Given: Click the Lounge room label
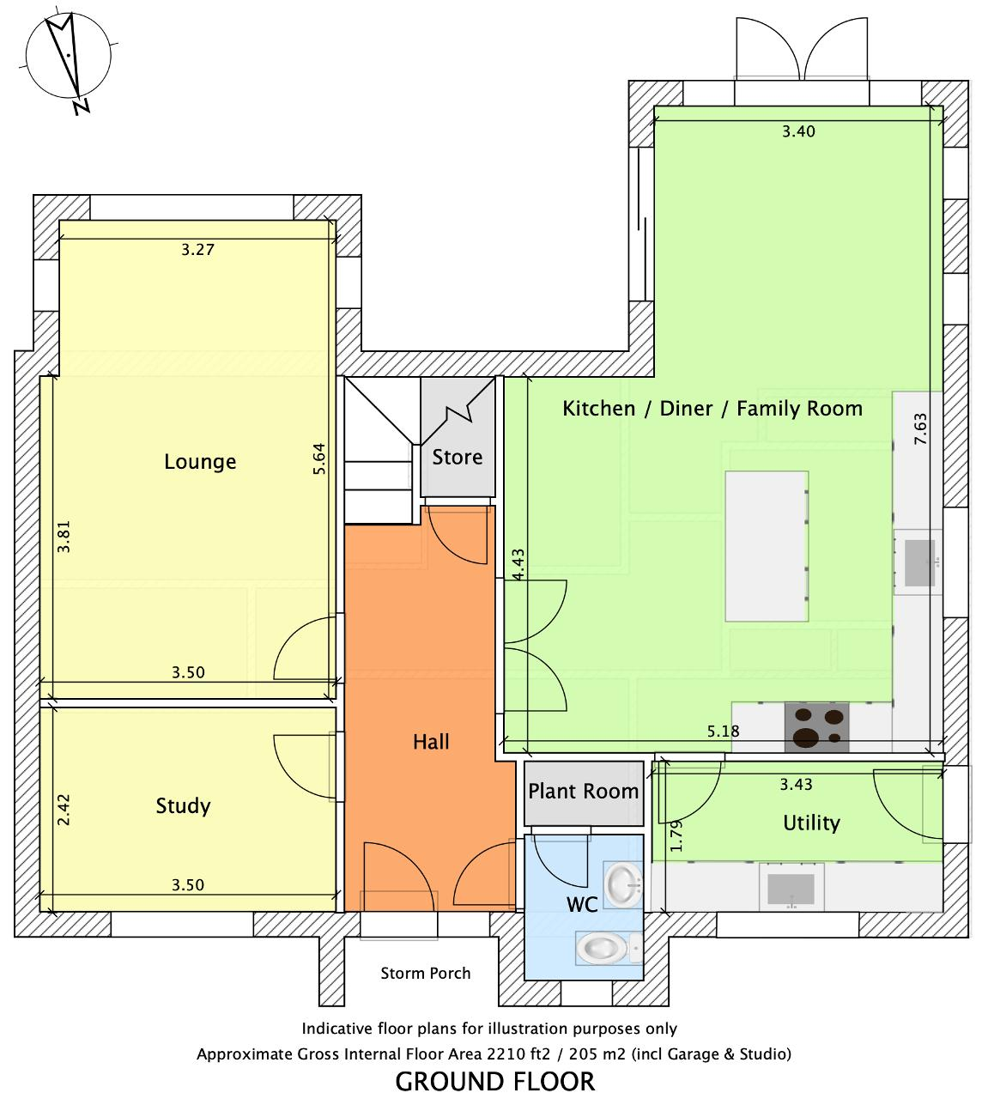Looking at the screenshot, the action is (x=200, y=462).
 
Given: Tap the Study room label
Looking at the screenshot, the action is (x=183, y=806).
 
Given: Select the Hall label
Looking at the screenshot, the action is (x=431, y=742).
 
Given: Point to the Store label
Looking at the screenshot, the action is (x=457, y=457).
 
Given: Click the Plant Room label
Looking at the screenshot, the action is (x=583, y=791).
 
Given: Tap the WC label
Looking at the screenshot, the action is (x=581, y=904).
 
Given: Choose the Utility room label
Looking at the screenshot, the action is (x=811, y=823).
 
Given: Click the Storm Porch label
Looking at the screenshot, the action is (x=425, y=973).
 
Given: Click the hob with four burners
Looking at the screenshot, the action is (x=816, y=727).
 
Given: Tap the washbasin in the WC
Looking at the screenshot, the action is (x=623, y=885).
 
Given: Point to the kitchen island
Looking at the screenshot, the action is (x=767, y=546).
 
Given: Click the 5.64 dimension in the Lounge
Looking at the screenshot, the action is (x=319, y=458).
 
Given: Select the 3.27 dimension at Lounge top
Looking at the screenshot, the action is (x=197, y=250).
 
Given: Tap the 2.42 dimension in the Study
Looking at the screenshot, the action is (x=64, y=810).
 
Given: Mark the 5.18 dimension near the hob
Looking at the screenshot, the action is (x=723, y=732).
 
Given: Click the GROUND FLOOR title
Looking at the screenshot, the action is (x=494, y=1082).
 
